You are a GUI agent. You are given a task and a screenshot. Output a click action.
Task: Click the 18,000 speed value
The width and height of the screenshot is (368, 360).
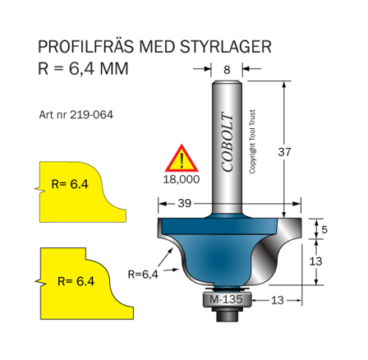[x=182, y=176]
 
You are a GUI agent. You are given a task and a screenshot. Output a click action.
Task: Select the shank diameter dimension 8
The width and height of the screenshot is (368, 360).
[x=227, y=71]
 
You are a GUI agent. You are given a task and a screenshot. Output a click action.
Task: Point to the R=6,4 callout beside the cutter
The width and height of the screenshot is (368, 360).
[x=144, y=275]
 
